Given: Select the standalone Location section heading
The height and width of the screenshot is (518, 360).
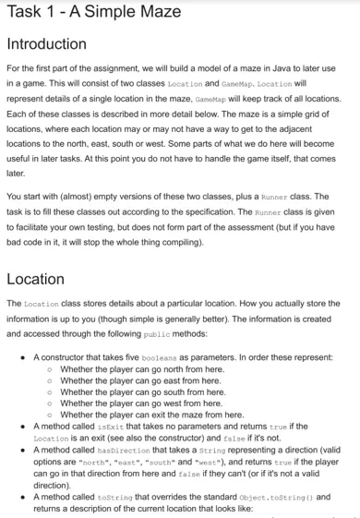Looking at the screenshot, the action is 35,279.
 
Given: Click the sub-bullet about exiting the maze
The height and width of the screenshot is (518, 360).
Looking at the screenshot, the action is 151,415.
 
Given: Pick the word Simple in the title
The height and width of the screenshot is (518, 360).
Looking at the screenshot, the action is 110,12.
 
